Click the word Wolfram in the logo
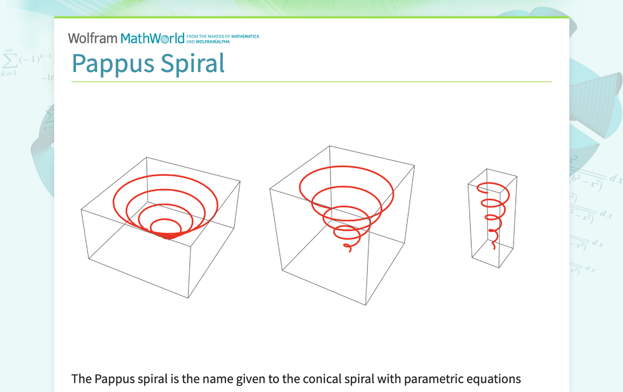pyautogui.click(x=92, y=38)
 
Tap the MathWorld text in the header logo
pyautogui.click(x=153, y=38)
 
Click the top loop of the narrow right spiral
pyautogui.click(x=492, y=185)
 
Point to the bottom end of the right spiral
pyautogui.click(x=494, y=247)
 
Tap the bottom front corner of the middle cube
pyautogui.click(x=366, y=305)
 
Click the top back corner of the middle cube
pyautogui.click(x=329, y=146)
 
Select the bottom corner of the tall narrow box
pyautogui.click(x=499, y=268)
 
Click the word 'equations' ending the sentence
pyautogui.click(x=492, y=379)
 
